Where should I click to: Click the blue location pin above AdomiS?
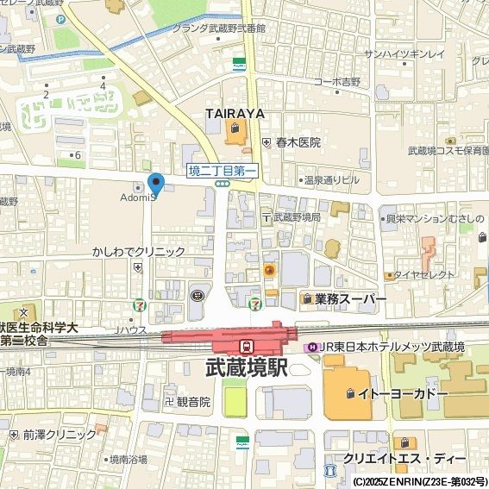pyautogui.click(x=156, y=184)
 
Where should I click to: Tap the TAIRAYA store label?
pyautogui.click(x=234, y=114)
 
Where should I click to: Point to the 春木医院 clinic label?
pyautogui.click(x=298, y=142)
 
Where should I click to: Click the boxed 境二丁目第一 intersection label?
pyautogui.click(x=223, y=171)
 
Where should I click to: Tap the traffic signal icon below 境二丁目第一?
pyautogui.click(x=223, y=184)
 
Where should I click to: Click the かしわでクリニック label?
pyautogui.click(x=139, y=252)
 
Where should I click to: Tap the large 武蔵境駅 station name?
pyautogui.click(x=247, y=367)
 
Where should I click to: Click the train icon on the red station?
pyautogui.click(x=247, y=345)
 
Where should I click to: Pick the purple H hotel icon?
pyautogui.click(x=311, y=347)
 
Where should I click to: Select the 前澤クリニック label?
pyautogui.click(x=60, y=435)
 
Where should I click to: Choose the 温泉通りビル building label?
pyautogui.click(x=331, y=180)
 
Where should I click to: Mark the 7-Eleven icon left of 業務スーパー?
pyautogui.click(x=254, y=304)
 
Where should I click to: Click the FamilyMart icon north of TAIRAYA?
pyautogui.click(x=239, y=64)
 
